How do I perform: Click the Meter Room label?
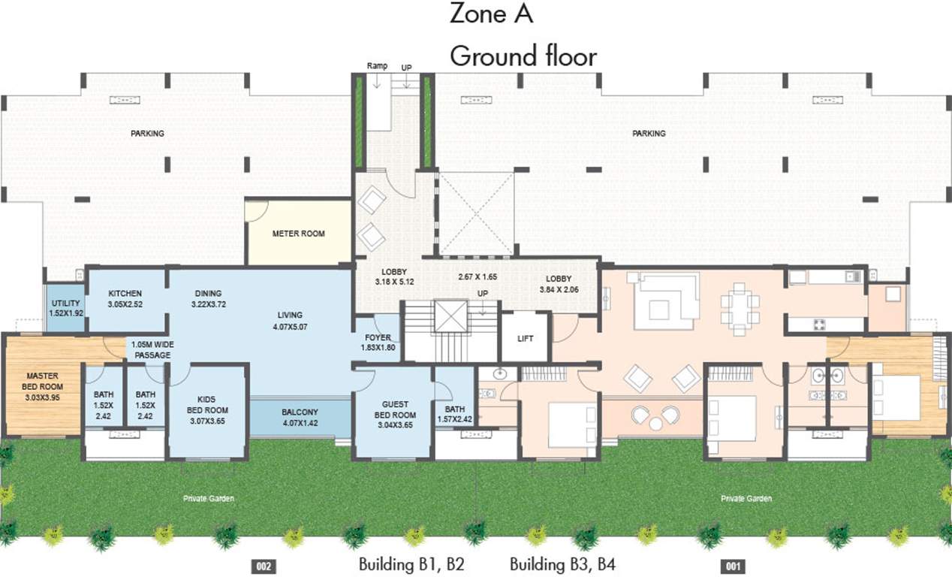tap(298, 234)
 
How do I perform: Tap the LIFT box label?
tap(526, 339)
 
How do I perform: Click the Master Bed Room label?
tap(42, 380)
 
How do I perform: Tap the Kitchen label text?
tap(125, 294)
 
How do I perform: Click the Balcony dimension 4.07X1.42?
tap(300, 422)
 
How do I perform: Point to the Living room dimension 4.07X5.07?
tap(289, 327)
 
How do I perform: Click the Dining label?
tap(208, 294)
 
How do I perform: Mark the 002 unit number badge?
tap(263, 566)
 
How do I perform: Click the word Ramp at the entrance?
tap(377, 66)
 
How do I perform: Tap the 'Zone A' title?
tap(491, 14)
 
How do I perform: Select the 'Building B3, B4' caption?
tap(562, 564)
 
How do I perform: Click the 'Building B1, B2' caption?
tap(411, 564)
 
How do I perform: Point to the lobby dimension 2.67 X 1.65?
tap(478, 276)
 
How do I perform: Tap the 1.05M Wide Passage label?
tap(152, 349)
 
